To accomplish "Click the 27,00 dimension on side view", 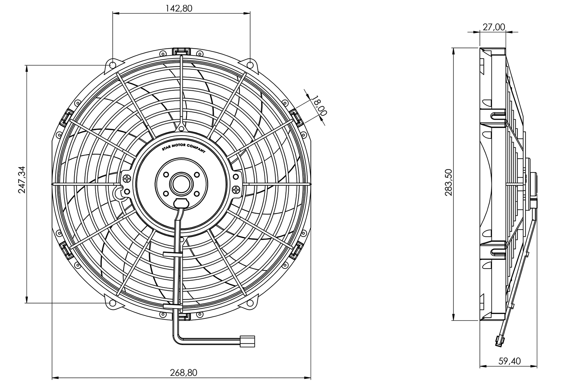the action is click(494, 27).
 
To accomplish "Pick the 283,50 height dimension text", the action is click(448, 182).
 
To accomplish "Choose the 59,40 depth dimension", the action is click(509, 361).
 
